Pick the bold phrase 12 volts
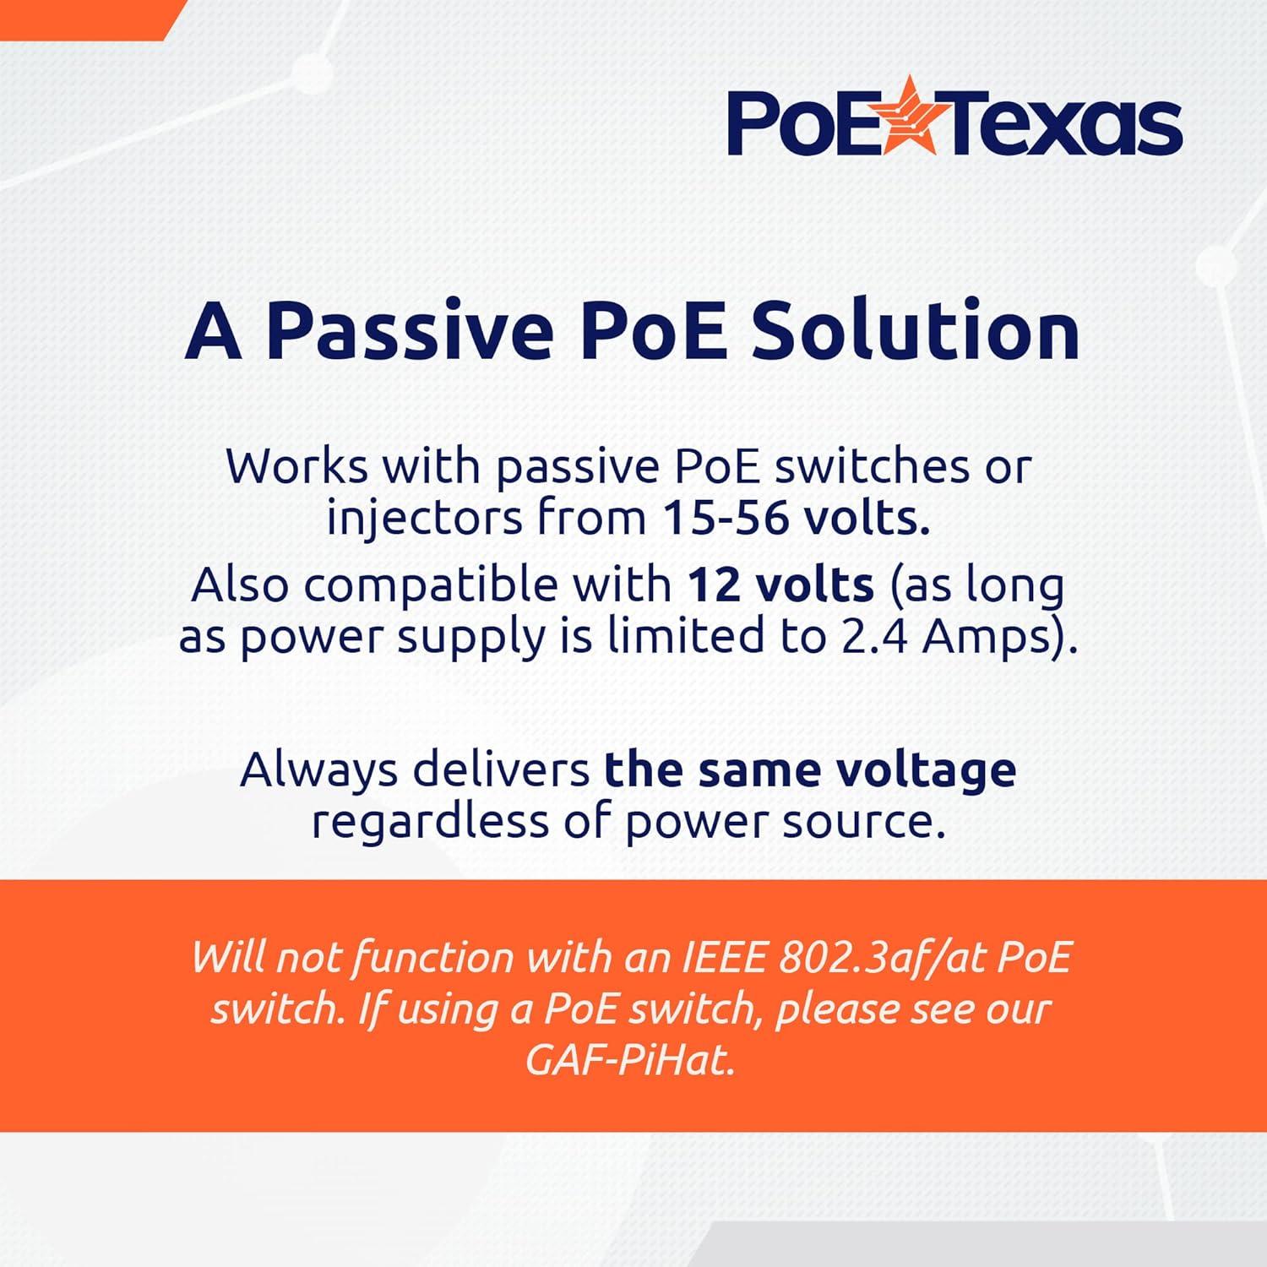coord(780,585)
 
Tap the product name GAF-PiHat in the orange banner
coord(630,1061)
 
